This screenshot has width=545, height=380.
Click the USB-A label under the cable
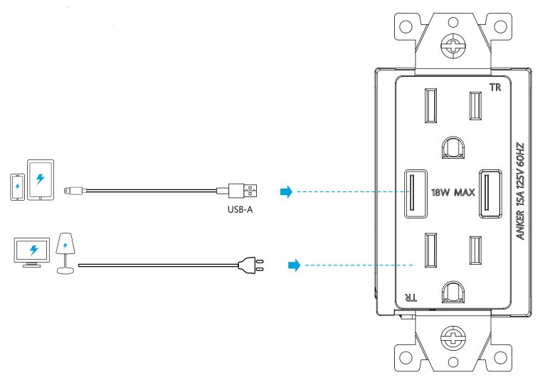point(240,211)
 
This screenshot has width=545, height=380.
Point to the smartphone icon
point(16,186)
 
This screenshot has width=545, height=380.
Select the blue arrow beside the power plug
point(292,265)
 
